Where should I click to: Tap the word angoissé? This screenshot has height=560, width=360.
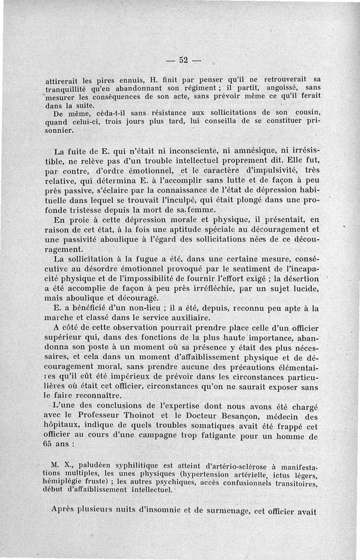click(283, 87)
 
